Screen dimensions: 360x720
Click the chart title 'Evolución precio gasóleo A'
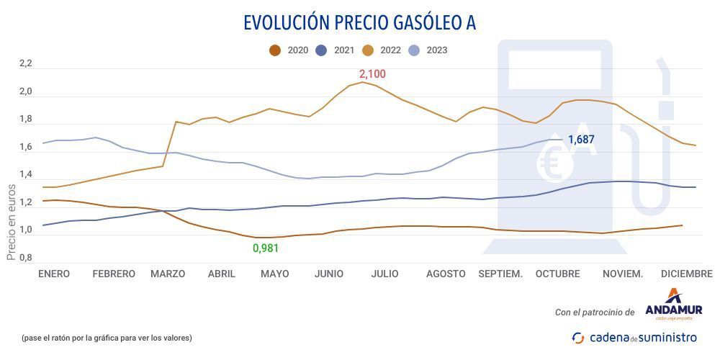359,22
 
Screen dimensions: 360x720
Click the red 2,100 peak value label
372,73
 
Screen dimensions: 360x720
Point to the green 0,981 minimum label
265,248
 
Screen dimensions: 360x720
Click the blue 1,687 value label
581,140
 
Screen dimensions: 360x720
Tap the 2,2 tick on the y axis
26,64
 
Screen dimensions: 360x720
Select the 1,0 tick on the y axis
26,230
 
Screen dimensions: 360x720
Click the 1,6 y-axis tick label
26,148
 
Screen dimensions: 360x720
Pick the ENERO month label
54,274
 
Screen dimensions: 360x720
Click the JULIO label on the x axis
384,274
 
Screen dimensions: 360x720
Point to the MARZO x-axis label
168,274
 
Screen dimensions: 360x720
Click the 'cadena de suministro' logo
634,337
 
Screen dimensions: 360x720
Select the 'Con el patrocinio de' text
595,312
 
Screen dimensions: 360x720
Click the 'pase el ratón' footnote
107,338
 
